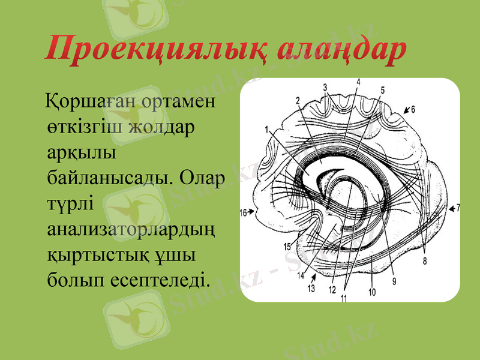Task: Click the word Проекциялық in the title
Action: pyautogui.click(x=157, y=50)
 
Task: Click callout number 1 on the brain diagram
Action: pyautogui.click(x=265, y=128)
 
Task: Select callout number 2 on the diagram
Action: pyautogui.click(x=298, y=100)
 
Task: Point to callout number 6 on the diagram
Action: pyautogui.click(x=413, y=109)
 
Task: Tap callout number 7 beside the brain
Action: pyautogui.click(x=458, y=208)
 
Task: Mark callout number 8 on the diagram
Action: pyautogui.click(x=424, y=261)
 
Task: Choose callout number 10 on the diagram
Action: pyautogui.click(x=371, y=293)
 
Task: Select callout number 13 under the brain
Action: pyautogui.click(x=311, y=289)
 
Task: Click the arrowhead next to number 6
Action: pyautogui.click(x=406, y=110)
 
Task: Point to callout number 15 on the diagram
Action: pyautogui.click(x=287, y=247)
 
